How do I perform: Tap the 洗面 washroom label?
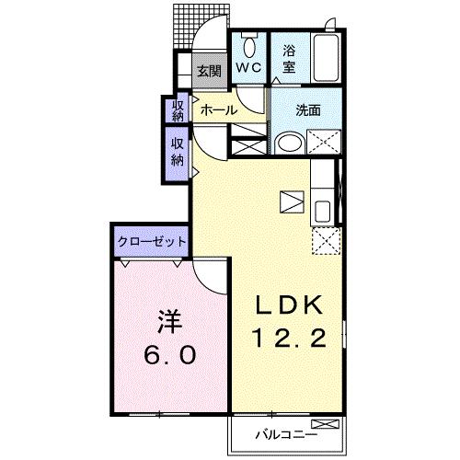point(308,109)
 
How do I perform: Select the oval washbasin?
point(289,143)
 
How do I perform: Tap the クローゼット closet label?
point(152,240)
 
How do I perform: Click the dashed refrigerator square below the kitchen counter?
point(324,241)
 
